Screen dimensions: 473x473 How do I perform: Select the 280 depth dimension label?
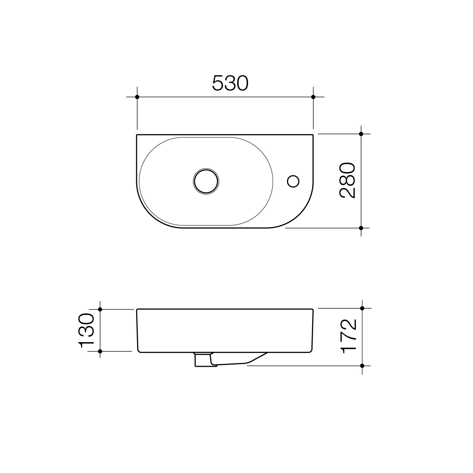click(347, 181)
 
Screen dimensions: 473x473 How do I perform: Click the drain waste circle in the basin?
click(206, 181)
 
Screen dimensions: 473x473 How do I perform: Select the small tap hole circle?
click(293, 182)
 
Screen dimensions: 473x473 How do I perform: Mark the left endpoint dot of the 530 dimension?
click(137, 97)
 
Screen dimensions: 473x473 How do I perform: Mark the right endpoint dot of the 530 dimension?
click(313, 97)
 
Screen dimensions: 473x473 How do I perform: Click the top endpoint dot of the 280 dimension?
click(361, 134)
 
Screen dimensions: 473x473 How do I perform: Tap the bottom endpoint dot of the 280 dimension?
click(361, 228)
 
